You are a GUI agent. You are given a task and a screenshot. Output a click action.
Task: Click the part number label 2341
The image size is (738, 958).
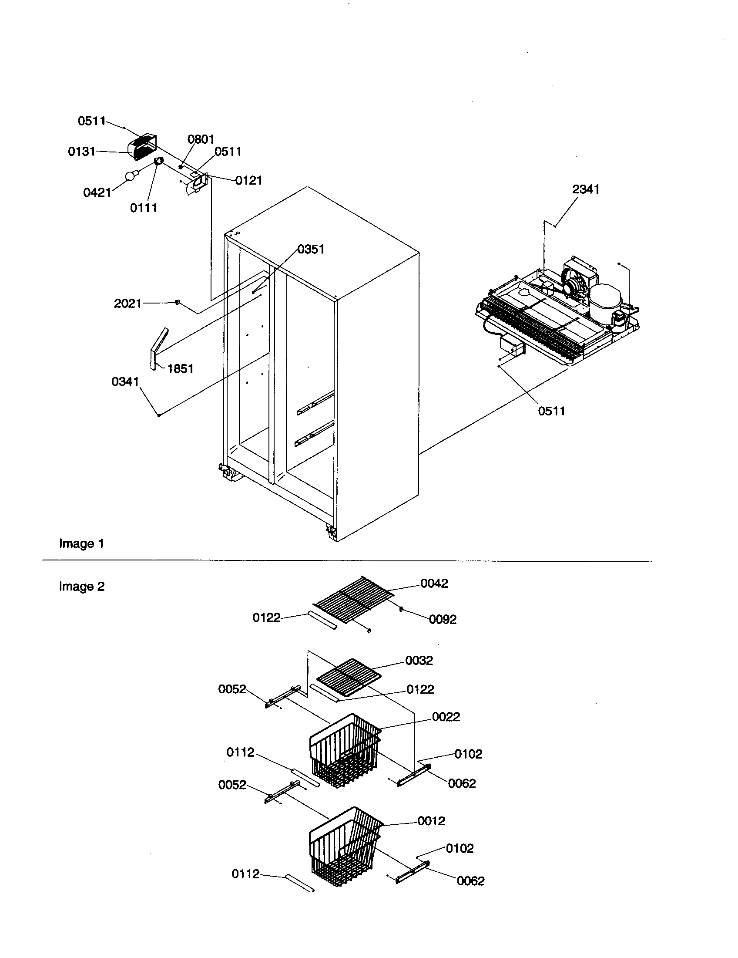click(586, 189)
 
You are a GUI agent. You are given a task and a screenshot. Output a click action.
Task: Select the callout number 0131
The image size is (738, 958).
click(81, 152)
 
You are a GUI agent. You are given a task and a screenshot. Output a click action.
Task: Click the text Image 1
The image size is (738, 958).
click(81, 544)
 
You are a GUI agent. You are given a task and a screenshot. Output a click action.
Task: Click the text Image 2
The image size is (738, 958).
click(82, 587)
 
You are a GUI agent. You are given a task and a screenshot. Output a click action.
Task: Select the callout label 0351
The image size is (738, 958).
click(311, 250)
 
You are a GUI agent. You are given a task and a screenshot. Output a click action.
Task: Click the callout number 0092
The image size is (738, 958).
click(443, 619)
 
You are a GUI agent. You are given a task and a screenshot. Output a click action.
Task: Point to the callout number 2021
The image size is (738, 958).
click(127, 304)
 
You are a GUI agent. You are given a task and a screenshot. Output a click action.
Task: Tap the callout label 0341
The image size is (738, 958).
click(125, 382)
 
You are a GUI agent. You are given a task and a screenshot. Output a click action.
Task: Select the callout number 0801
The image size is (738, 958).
click(201, 139)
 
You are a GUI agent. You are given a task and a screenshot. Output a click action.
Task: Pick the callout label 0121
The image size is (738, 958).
click(248, 180)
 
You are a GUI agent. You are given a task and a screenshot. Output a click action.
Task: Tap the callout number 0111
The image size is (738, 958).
click(143, 208)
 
